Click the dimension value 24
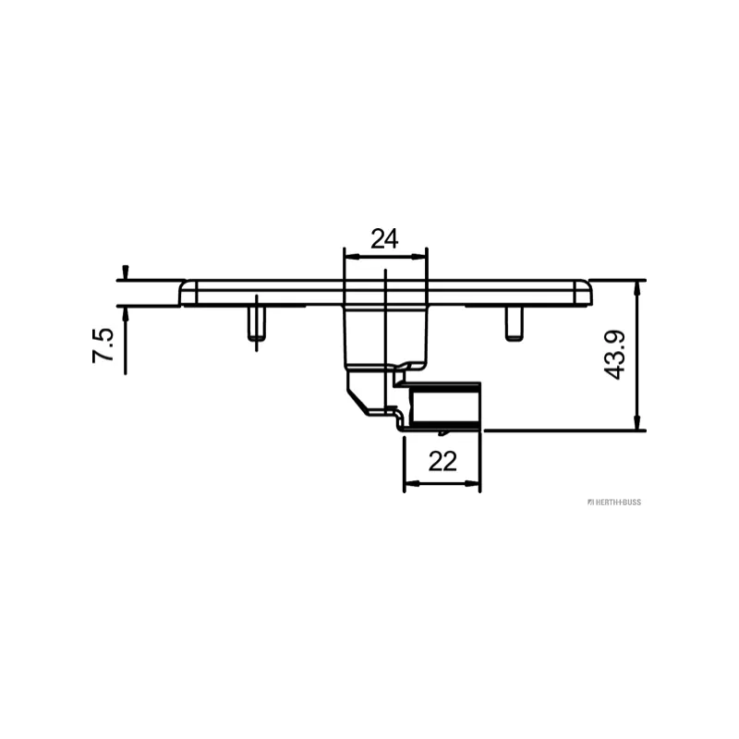(x=384, y=239)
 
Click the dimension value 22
(x=442, y=461)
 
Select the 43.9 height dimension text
(x=614, y=355)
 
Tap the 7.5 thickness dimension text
(x=103, y=345)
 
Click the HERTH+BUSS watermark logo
(x=614, y=503)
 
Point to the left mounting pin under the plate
(x=257, y=323)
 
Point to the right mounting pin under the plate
(x=514, y=323)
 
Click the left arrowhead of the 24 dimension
(x=352, y=257)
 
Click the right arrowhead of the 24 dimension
(x=419, y=257)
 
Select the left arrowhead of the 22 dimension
(x=412, y=483)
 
